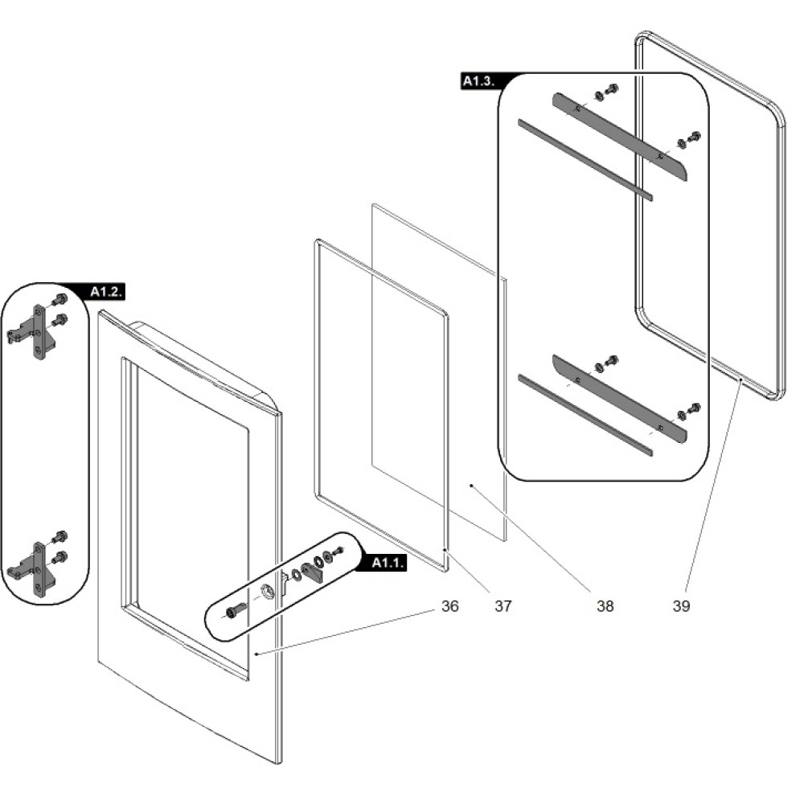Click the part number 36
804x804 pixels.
click(x=449, y=605)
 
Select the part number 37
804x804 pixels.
click(x=503, y=605)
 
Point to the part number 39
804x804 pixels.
click(x=681, y=605)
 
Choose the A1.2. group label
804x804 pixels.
click(x=106, y=291)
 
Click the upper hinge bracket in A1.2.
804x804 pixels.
click(x=36, y=331)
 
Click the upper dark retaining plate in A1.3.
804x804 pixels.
click(x=619, y=137)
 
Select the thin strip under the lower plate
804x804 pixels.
click(x=585, y=415)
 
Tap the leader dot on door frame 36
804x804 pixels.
click(x=254, y=654)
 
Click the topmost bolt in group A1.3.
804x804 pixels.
click(x=611, y=88)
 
